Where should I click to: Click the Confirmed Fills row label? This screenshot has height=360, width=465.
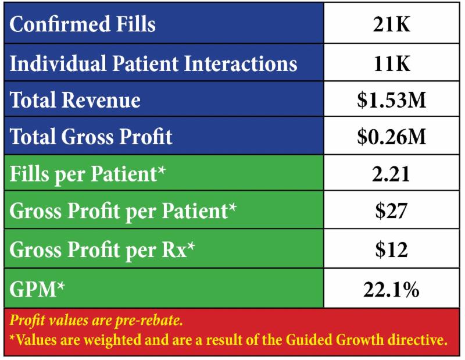83,25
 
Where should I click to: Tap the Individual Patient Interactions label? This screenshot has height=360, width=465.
153,62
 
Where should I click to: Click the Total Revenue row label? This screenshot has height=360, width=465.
75,99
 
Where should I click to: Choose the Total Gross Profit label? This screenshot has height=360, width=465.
91,137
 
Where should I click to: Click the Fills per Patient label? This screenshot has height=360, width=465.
88,174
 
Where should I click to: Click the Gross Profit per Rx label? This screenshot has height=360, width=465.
102,249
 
